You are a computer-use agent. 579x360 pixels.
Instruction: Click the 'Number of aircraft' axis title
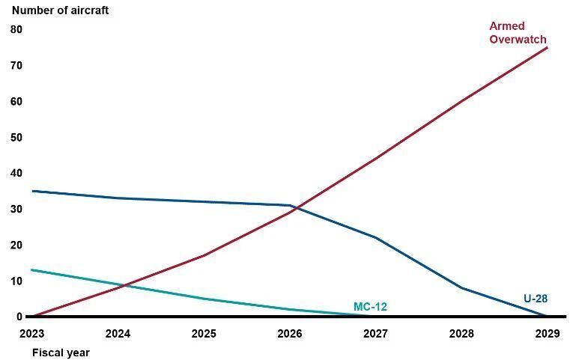[x=60, y=10]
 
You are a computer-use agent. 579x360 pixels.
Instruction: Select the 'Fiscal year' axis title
[x=61, y=353]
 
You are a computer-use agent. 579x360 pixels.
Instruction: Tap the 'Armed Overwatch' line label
[x=518, y=32]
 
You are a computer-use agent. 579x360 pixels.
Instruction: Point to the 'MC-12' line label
[x=370, y=307]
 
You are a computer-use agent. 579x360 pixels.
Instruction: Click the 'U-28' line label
[x=536, y=299]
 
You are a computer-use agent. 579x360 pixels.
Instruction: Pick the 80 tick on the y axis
[x=16, y=29]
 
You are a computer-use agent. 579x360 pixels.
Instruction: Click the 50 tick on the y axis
[x=16, y=137]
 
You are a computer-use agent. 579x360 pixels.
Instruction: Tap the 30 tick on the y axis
[x=16, y=209]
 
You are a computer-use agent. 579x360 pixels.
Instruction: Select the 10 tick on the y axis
[x=16, y=281]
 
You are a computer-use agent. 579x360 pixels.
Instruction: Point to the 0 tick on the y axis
[x=19, y=317]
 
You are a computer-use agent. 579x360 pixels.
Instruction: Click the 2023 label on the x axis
[x=31, y=334]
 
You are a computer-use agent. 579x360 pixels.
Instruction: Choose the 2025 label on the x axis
[x=204, y=334]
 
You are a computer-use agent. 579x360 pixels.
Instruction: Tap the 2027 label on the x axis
[x=375, y=334]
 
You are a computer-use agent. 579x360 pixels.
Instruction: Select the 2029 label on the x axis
[x=548, y=334]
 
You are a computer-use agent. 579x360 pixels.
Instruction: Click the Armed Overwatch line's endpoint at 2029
[x=547, y=48]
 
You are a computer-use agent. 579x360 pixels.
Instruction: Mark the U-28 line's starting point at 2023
[x=32, y=191]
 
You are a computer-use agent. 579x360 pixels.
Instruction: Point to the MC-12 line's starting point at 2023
[x=32, y=270]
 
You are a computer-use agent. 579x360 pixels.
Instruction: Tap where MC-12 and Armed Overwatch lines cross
[x=124, y=285]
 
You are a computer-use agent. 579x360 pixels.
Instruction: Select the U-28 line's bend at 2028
[x=461, y=287]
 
